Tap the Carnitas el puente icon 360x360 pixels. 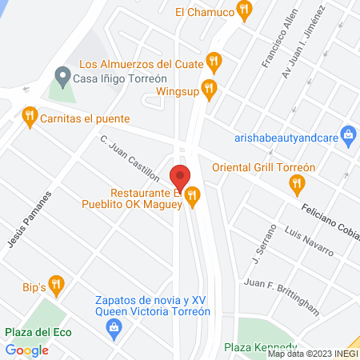[x=30, y=117]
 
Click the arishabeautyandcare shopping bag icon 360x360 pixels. [x=347, y=136]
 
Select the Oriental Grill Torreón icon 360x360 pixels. [x=297, y=183]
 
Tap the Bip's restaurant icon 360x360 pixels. [x=55, y=283]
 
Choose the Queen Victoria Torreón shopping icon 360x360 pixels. [x=114, y=326]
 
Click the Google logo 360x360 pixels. [x=27, y=350]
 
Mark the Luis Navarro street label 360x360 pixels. [x=308, y=241]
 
